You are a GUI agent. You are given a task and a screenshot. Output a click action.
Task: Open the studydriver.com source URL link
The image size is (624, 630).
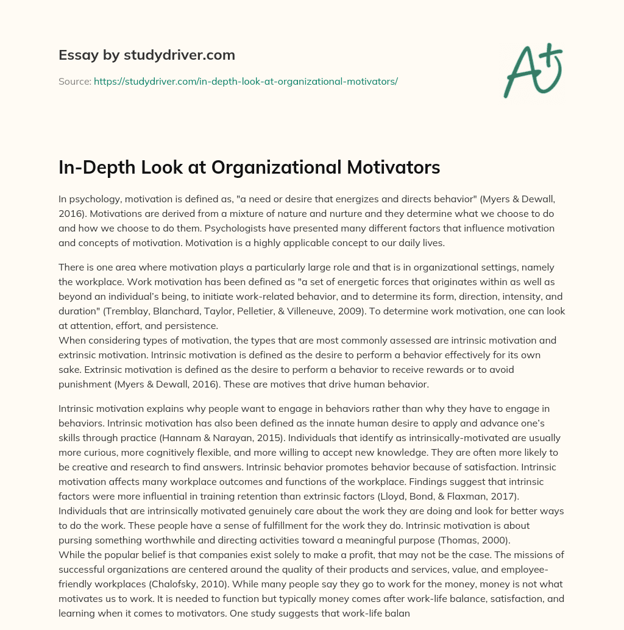click(x=246, y=81)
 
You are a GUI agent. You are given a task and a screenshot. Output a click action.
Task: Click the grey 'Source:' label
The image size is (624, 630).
click(x=74, y=81)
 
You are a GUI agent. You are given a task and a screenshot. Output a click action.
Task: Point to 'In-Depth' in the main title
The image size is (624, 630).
click(x=96, y=168)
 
